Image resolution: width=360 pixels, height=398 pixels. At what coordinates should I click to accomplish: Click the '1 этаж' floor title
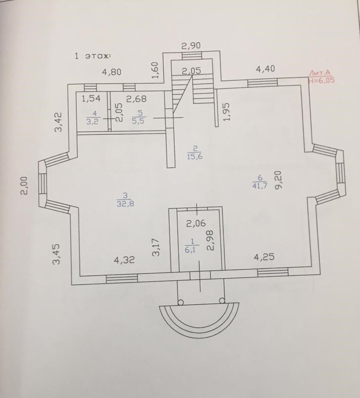pos(92,56)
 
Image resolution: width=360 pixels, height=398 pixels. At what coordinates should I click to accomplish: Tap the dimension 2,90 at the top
pos(191,46)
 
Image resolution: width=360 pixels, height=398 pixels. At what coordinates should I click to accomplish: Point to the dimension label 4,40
pos(265,69)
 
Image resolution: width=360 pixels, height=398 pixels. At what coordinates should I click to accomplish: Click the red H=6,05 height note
pos(321,80)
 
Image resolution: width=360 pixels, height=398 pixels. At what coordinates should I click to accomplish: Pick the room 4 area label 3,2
pos(92,122)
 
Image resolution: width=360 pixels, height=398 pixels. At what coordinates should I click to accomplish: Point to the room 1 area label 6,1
pos(192,250)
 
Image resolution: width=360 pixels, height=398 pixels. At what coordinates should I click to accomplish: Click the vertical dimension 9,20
pos(278,179)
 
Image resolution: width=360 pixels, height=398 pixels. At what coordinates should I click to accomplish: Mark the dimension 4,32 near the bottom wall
pos(124,260)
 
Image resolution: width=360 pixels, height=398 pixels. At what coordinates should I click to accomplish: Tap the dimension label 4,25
pos(264,257)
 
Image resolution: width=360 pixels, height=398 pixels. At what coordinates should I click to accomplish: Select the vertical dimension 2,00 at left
pos(24,185)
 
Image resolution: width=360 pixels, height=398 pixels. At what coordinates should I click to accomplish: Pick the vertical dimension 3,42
pos(58,122)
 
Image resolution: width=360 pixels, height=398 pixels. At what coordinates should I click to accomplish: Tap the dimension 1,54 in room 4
pos(91,100)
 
